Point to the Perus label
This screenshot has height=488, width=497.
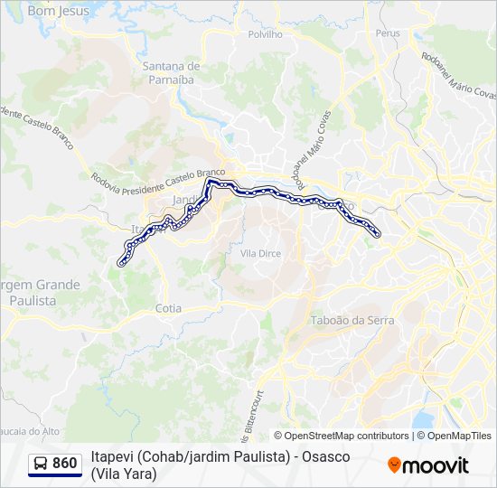pyautogui.click(x=388, y=33)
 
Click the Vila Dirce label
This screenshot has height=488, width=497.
pyautogui.click(x=260, y=254)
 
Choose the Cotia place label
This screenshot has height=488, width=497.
pyautogui.click(x=168, y=308)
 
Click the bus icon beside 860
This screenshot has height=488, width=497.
pyautogui.click(x=42, y=464)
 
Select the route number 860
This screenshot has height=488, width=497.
pyautogui.click(x=65, y=464)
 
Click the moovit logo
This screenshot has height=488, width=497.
pyautogui.click(x=428, y=465)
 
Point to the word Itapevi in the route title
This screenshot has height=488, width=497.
pyautogui.click(x=110, y=457)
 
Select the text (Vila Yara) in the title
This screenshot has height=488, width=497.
pyautogui.click(x=124, y=473)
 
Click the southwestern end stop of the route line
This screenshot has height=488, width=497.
pyautogui.click(x=121, y=263)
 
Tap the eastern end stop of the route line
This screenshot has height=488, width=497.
pyautogui.click(x=376, y=234)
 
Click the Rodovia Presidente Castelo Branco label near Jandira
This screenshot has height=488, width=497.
pyautogui.click(x=159, y=173)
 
